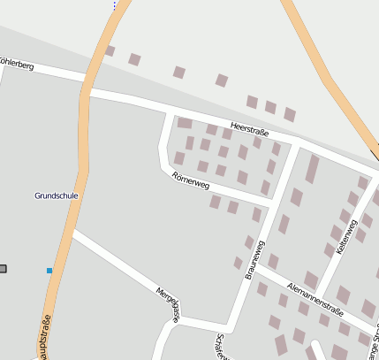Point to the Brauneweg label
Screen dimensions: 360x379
click(254, 259)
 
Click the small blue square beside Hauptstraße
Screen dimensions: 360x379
click(49, 270)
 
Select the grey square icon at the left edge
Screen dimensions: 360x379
click(3, 268)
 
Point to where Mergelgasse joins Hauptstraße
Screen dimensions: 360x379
click(72, 232)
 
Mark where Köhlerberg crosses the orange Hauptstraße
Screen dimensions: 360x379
click(88, 88)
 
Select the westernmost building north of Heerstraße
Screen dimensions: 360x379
click(110, 51)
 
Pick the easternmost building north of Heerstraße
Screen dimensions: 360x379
click(290, 114)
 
